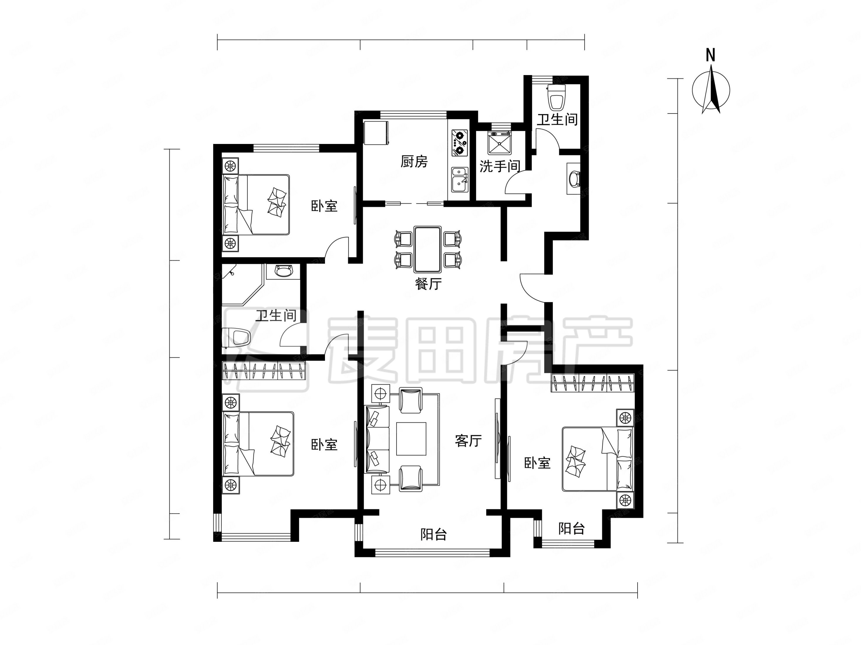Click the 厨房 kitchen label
tap(414, 161)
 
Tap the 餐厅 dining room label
tap(428, 284)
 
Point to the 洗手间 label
tap(500, 167)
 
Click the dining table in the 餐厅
tap(427, 249)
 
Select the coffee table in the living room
tap(411, 439)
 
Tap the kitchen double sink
tap(460, 180)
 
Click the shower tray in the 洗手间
tap(500, 143)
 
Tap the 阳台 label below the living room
tap(434, 534)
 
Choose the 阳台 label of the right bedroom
tap(571, 528)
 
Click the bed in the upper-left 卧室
tap(256, 205)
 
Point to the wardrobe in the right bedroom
tap(592, 383)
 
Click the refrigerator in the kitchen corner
tap(376, 133)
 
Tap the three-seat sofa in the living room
tap(377, 439)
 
